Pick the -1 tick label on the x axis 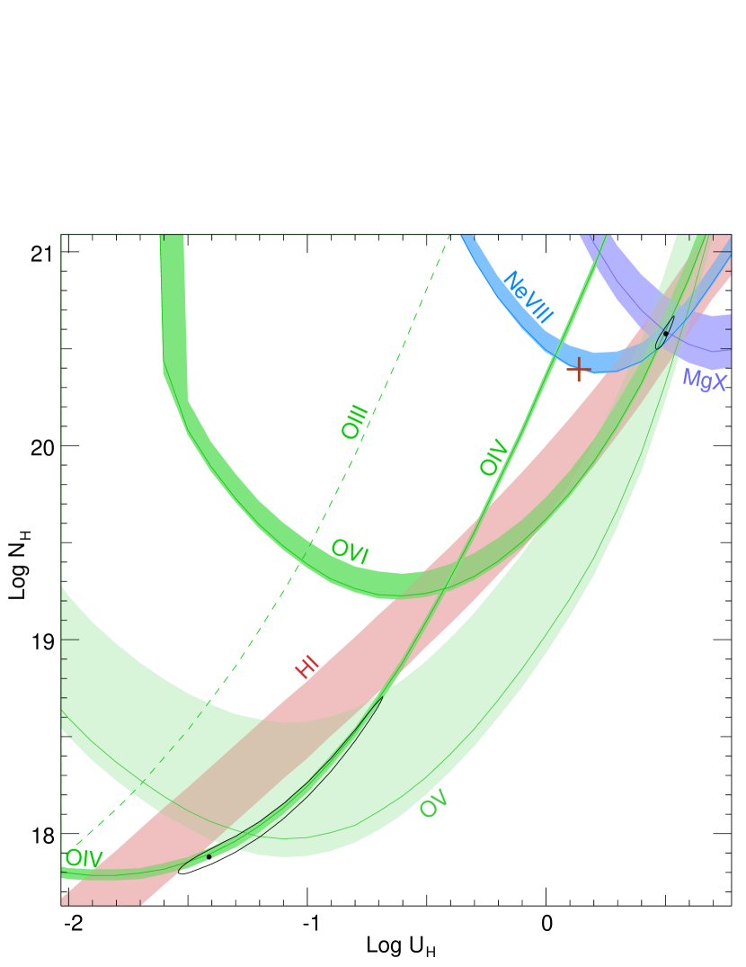point(309,924)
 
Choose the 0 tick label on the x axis point(546,924)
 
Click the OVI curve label point(350,550)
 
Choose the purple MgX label point(704,379)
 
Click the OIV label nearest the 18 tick point(84,858)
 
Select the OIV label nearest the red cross point(493,456)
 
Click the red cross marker point(578,369)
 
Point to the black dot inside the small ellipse point(665,334)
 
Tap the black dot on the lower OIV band point(209,856)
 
